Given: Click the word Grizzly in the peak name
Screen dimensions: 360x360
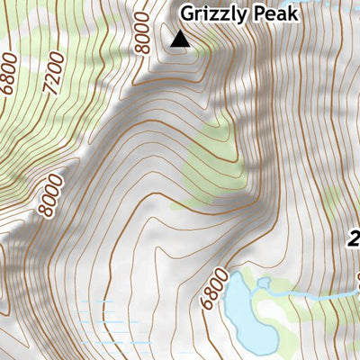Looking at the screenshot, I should click(211, 13).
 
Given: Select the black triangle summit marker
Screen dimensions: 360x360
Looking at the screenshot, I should click(180, 38).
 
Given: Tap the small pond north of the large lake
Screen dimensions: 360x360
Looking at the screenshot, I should click(265, 283).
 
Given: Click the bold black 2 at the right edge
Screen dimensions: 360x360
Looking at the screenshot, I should click(354, 238).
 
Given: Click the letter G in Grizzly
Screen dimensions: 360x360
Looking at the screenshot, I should click(187, 13).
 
